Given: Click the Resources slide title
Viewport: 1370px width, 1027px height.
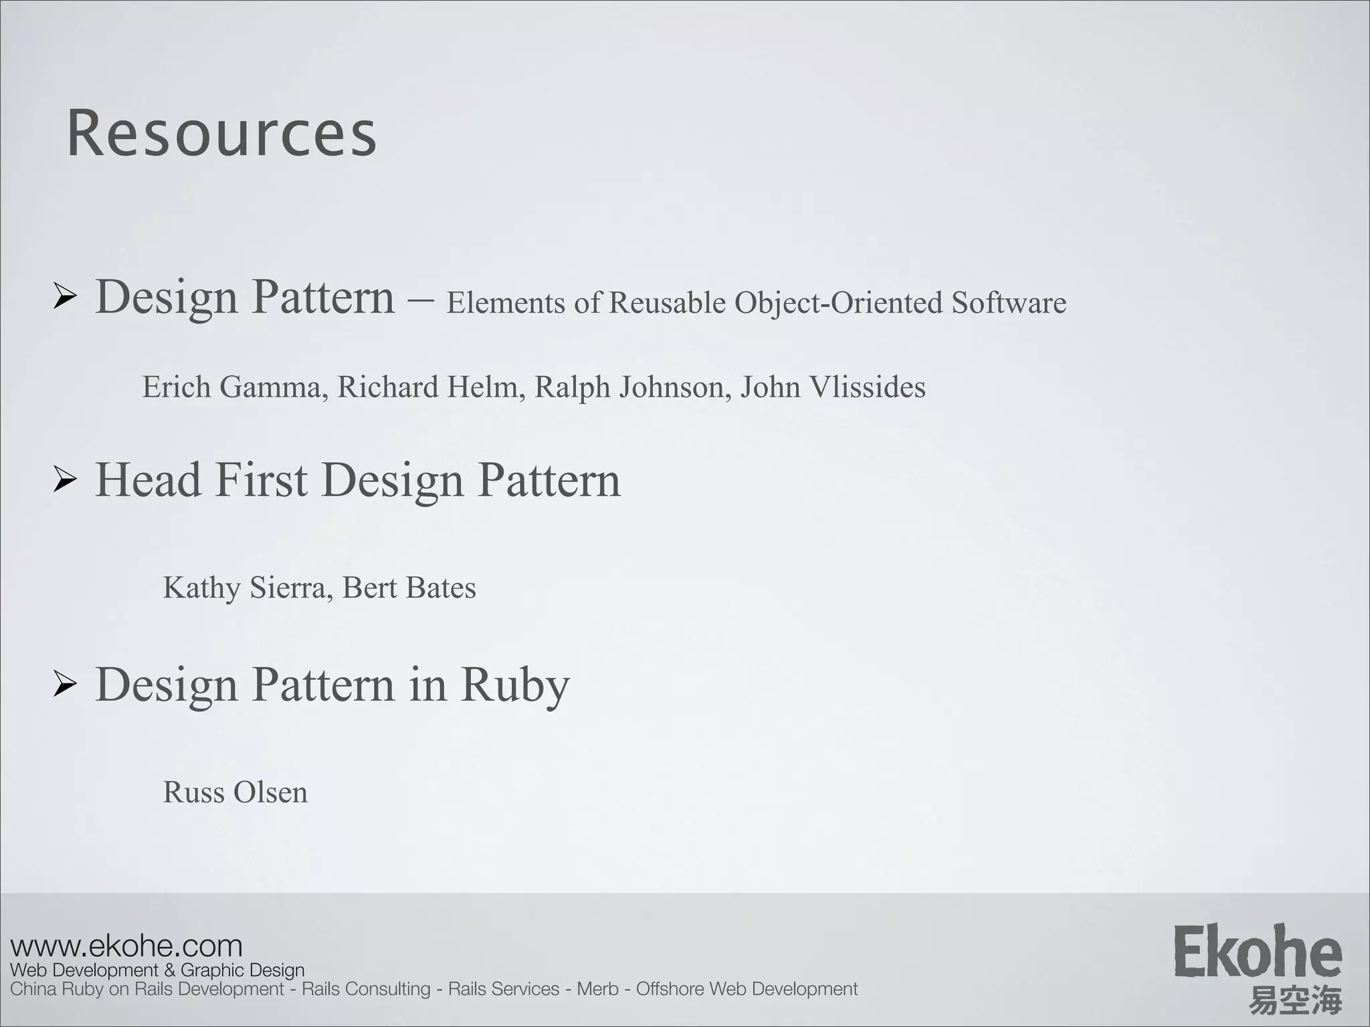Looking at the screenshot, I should point(221,134).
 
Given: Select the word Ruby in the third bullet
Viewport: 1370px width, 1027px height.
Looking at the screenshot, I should point(514,685).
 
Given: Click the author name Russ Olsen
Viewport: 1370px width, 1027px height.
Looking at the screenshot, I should point(235,792).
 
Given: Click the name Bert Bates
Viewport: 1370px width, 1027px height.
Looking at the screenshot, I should point(409,588).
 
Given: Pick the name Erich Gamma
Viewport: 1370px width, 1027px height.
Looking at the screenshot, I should point(231,387).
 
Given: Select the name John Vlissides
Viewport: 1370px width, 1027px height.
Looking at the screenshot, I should point(833,387).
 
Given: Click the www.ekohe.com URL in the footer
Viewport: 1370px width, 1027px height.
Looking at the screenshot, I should point(126,946).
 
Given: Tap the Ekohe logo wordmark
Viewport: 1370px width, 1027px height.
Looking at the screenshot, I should point(1257,951).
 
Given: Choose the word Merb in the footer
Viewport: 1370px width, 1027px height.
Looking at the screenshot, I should point(597,989).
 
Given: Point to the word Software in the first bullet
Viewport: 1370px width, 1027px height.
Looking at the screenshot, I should point(1009,303).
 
